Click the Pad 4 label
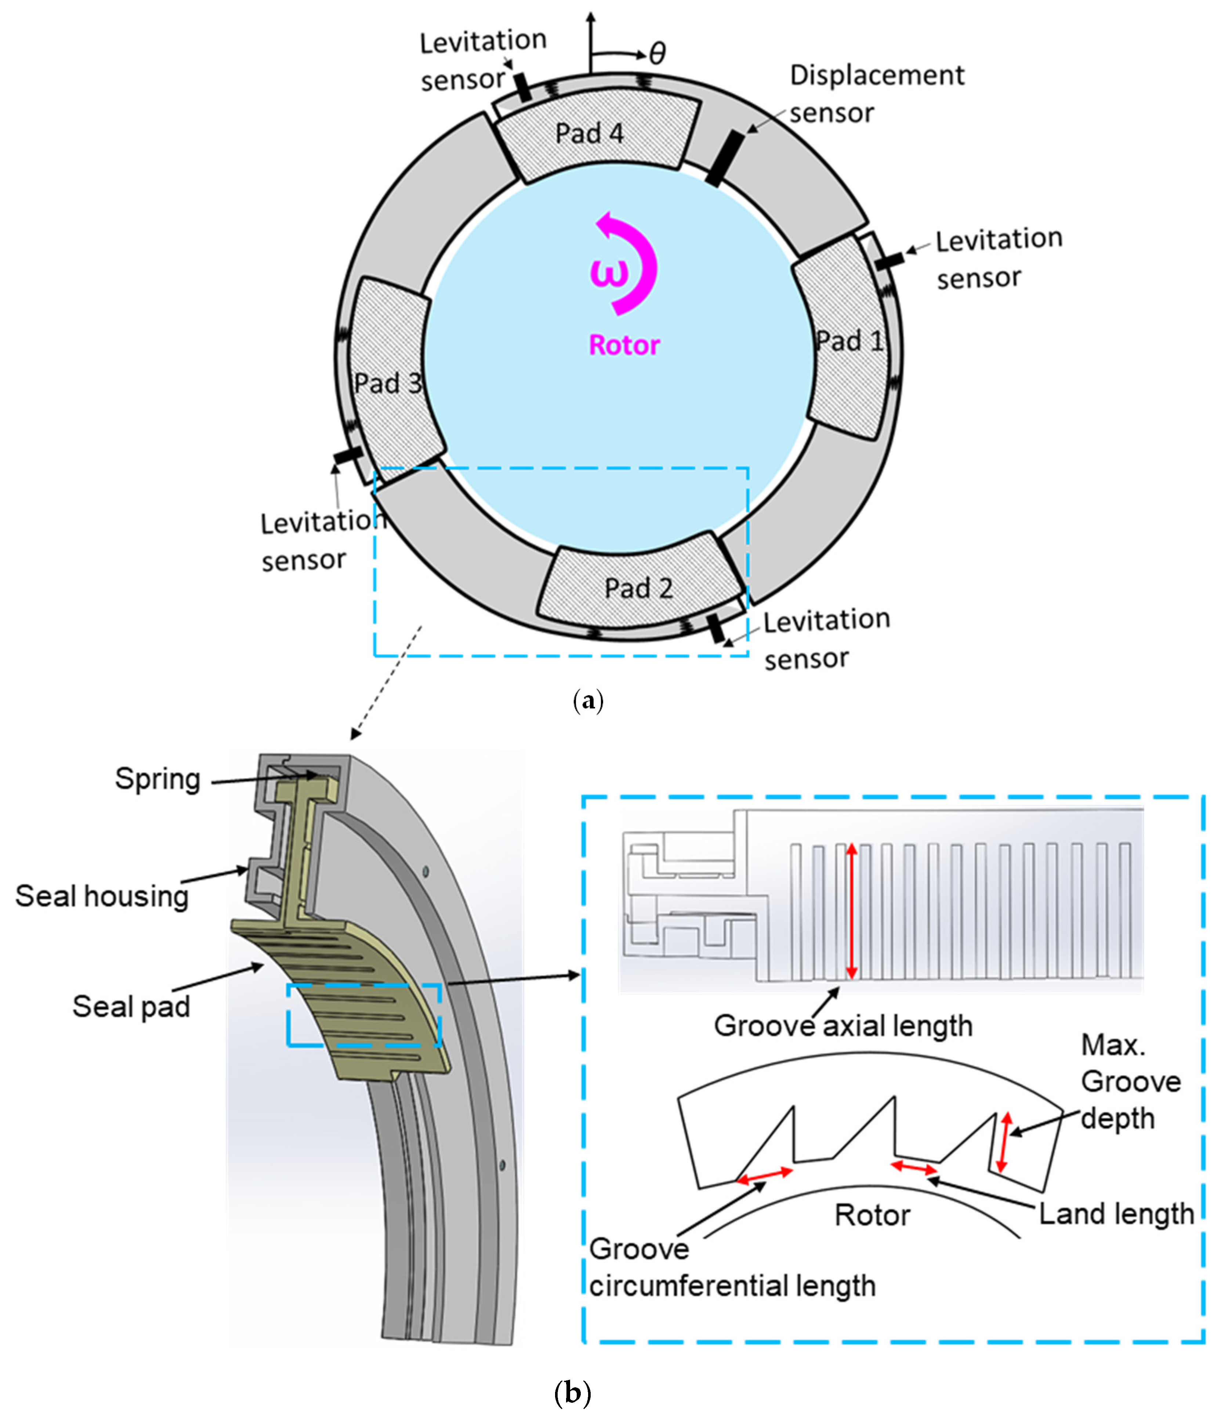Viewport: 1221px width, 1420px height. [x=589, y=133]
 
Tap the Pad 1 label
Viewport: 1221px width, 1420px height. [x=849, y=341]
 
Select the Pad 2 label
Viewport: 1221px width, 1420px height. [x=639, y=588]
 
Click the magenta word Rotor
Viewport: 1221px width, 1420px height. [x=624, y=345]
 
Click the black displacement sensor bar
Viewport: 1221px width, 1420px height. [x=724, y=159]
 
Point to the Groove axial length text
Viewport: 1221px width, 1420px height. [x=843, y=1026]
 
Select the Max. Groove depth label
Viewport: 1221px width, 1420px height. [x=1131, y=1082]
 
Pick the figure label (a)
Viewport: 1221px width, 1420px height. [x=588, y=700]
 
